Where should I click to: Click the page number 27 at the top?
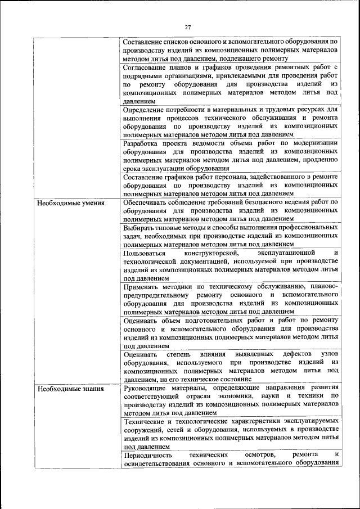coord(188,26)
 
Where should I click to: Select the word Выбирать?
coord(140,228)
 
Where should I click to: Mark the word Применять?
coord(143,287)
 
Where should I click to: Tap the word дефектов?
coord(290,354)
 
